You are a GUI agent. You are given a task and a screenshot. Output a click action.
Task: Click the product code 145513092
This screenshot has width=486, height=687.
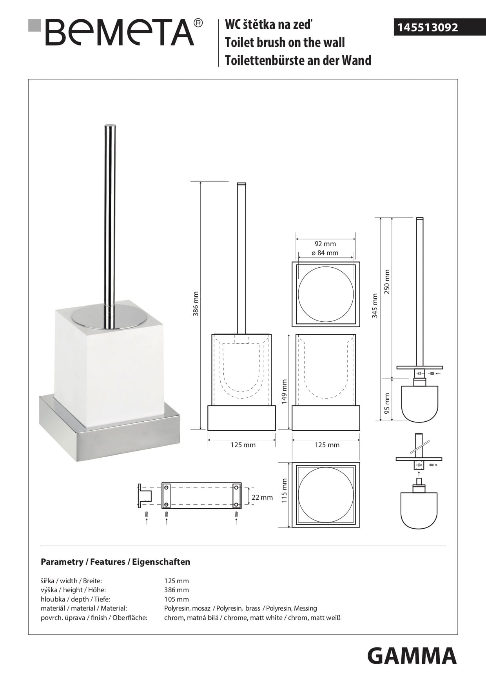[x=428, y=27]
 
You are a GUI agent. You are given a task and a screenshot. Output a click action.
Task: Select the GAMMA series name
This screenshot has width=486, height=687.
[x=412, y=656]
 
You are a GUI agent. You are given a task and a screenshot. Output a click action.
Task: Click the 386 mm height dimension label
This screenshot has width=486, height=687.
[x=196, y=303]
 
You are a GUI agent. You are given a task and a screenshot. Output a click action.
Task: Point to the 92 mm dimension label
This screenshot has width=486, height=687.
[x=325, y=244]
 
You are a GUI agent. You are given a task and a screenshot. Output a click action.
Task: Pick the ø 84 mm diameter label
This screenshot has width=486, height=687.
[x=325, y=253]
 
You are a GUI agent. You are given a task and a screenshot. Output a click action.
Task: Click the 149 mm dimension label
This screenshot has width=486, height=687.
[x=285, y=391]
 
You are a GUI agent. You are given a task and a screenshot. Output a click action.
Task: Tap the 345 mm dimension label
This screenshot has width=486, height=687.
[x=375, y=306]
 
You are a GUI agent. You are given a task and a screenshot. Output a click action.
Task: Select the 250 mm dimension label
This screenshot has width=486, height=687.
[x=387, y=282]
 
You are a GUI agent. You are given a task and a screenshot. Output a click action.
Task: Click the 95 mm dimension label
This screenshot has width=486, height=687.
[x=387, y=404]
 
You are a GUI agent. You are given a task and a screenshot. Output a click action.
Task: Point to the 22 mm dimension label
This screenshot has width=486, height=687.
[x=262, y=497]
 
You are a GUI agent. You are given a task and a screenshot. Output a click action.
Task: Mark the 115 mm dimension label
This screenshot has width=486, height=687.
[x=285, y=490]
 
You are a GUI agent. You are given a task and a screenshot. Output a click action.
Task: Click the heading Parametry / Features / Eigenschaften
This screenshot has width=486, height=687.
[x=116, y=562]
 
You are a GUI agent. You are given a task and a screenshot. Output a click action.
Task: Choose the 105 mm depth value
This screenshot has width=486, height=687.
[x=176, y=599]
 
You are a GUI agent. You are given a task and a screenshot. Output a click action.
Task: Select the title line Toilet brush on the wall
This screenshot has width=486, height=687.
[x=285, y=42]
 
